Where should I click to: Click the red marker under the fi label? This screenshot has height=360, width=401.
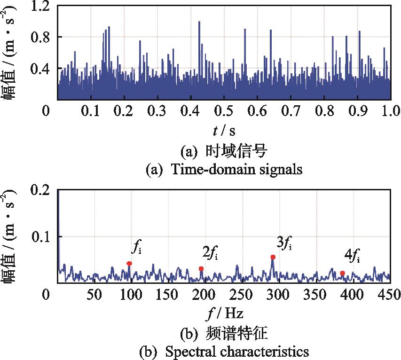[129, 264]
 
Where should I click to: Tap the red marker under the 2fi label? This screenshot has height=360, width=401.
[201, 269]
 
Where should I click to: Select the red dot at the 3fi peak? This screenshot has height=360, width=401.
[273, 257]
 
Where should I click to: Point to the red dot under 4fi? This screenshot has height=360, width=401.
[342, 273]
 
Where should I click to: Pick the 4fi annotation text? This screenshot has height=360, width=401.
[353, 256]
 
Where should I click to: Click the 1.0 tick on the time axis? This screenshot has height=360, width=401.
[390, 111]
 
